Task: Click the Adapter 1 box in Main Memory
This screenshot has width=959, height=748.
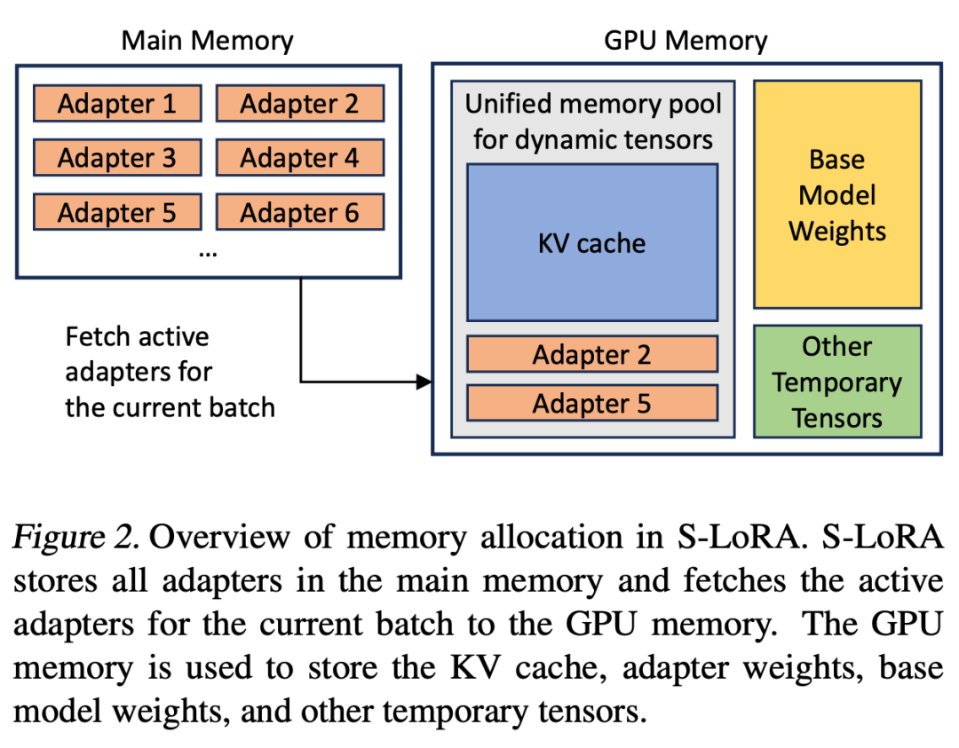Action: point(117,104)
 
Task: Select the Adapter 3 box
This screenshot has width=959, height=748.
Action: point(117,158)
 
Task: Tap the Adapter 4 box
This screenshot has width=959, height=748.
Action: point(299,158)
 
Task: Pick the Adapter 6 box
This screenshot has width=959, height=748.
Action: point(299,213)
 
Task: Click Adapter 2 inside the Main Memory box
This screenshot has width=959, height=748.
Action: point(299,104)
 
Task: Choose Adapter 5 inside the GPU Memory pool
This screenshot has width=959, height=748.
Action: point(592,403)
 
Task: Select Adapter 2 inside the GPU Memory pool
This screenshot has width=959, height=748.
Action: point(592,354)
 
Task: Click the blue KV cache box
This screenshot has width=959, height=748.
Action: point(592,242)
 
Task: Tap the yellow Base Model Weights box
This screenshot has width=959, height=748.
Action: point(837,195)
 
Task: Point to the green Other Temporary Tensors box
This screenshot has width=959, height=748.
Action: point(837,382)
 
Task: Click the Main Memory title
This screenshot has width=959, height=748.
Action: point(207,40)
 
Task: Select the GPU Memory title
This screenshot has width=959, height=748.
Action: point(686,40)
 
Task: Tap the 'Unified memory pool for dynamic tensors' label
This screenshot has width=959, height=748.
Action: point(593,122)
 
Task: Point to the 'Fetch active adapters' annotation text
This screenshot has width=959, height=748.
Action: point(170,372)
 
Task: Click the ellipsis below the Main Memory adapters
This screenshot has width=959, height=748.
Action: point(208,253)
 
